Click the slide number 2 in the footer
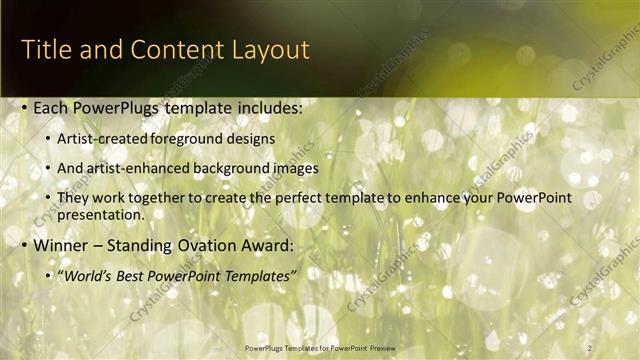click(590, 347)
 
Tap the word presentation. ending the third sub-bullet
click(101, 214)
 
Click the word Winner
click(61, 244)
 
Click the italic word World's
click(88, 274)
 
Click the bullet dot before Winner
click(24, 245)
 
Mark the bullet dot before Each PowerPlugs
click(24, 108)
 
